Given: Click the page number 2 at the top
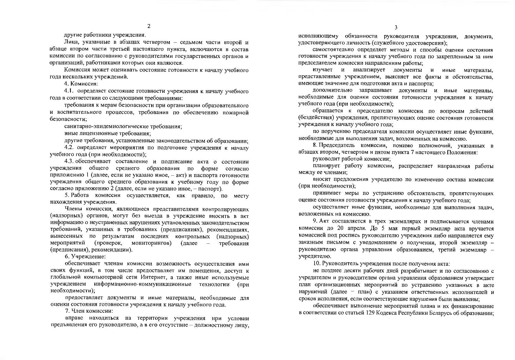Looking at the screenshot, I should point(149,27).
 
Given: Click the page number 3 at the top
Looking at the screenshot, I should point(396,28).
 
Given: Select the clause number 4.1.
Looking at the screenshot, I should point(69,91).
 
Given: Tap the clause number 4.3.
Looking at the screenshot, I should point(70,162).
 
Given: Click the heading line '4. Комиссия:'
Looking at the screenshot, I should point(77,84).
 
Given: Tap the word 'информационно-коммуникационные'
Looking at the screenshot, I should point(143,284).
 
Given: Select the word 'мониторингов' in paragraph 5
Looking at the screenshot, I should point(151,243).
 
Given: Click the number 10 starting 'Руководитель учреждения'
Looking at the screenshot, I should point(315,264).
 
